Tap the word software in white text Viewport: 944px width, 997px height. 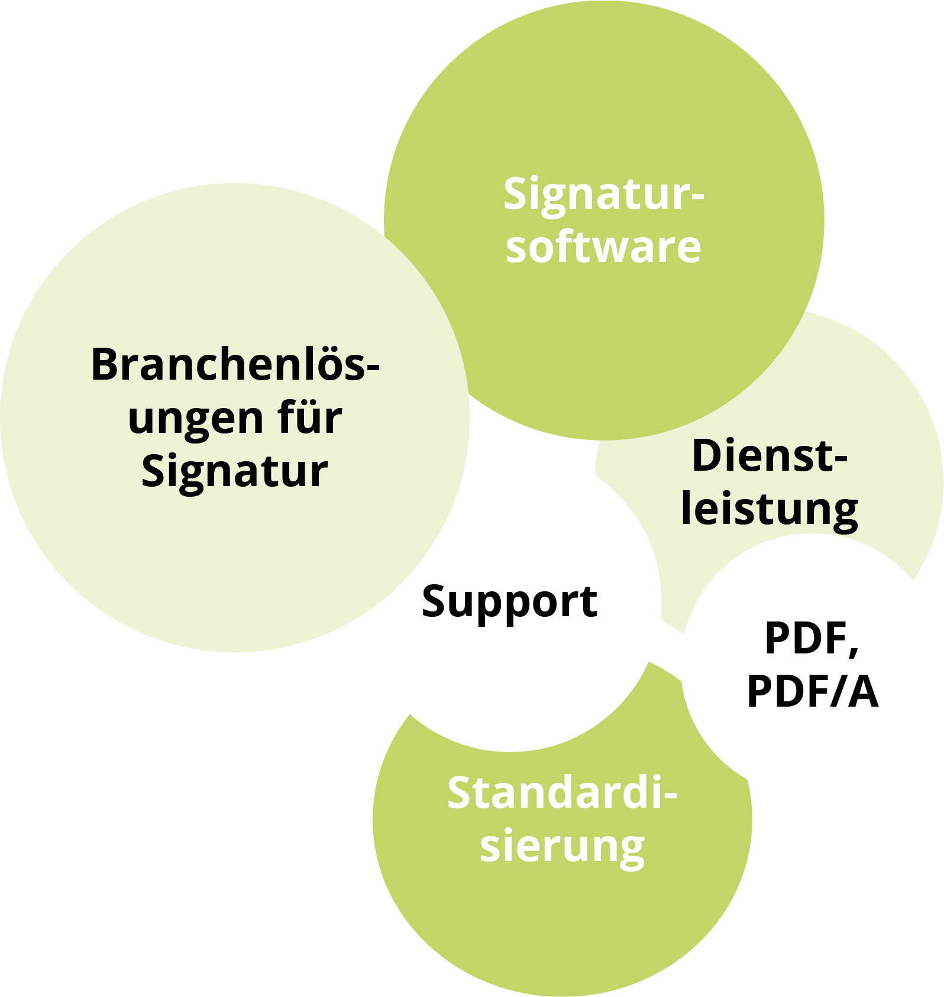[603, 247]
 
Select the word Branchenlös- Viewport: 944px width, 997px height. [235, 365]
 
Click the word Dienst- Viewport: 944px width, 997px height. [770, 456]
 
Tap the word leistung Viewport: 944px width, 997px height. [770, 510]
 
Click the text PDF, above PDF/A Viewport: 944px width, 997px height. [811, 639]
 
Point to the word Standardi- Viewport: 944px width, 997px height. [561, 794]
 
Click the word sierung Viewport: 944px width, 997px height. [561, 847]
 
